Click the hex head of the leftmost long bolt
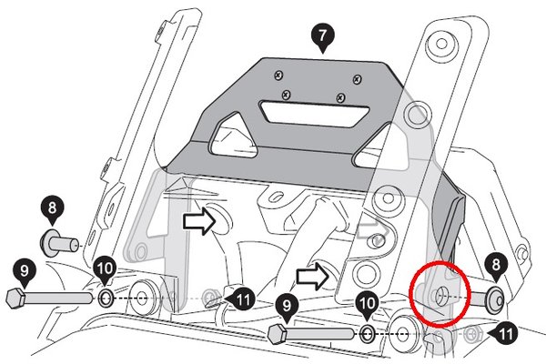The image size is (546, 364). (15, 298)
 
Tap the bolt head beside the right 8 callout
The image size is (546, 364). (494, 297)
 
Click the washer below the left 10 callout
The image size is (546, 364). (106, 298)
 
